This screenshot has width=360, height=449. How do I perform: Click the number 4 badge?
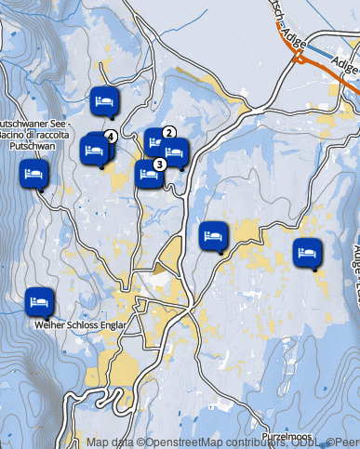(x=111, y=136)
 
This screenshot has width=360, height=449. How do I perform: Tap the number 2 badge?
(x=169, y=132)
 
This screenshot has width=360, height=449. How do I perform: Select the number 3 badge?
(x=159, y=164)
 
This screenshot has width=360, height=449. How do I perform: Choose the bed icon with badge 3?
(x=148, y=173)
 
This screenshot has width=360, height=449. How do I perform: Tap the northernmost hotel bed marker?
(x=104, y=99)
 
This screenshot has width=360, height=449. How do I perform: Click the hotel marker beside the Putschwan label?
(x=34, y=174)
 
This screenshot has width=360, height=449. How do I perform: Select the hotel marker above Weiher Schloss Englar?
(x=38, y=301)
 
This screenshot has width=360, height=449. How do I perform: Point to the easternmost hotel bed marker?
(x=306, y=251)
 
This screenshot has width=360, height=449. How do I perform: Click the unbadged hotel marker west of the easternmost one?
(x=213, y=235)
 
